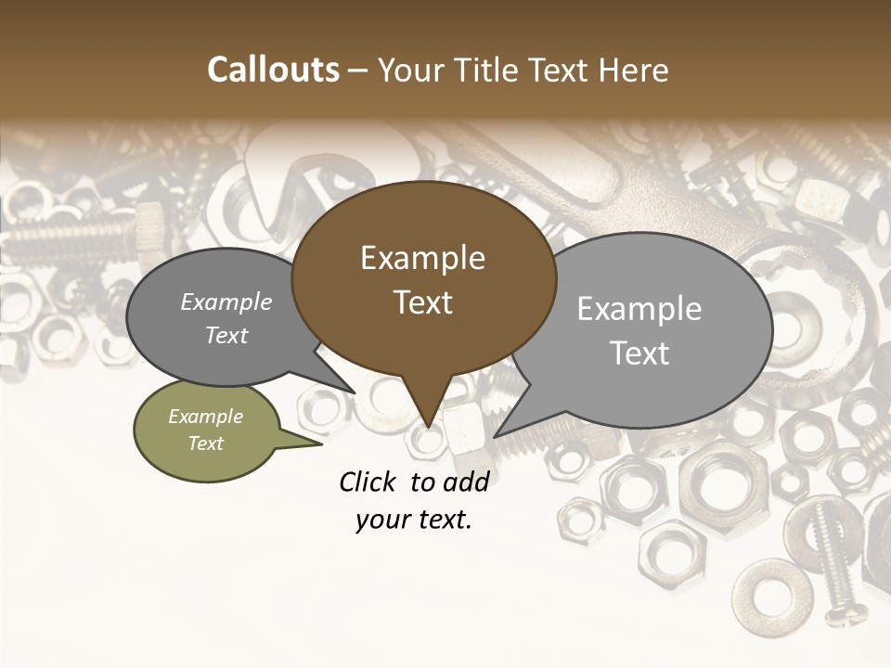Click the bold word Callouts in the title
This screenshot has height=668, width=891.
[273, 70]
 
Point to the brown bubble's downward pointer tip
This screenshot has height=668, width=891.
[428, 427]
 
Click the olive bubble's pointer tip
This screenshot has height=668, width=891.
[321, 443]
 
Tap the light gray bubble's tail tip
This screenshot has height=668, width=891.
[496, 436]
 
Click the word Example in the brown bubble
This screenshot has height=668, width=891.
[422, 258]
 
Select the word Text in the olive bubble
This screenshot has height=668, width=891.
[205, 443]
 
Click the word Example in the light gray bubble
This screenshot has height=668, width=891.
[639, 309]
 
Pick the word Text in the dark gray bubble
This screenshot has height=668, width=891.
[226, 336]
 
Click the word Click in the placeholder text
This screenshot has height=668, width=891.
[368, 482]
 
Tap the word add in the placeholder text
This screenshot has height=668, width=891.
[466, 482]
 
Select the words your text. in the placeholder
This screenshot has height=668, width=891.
[414, 520]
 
